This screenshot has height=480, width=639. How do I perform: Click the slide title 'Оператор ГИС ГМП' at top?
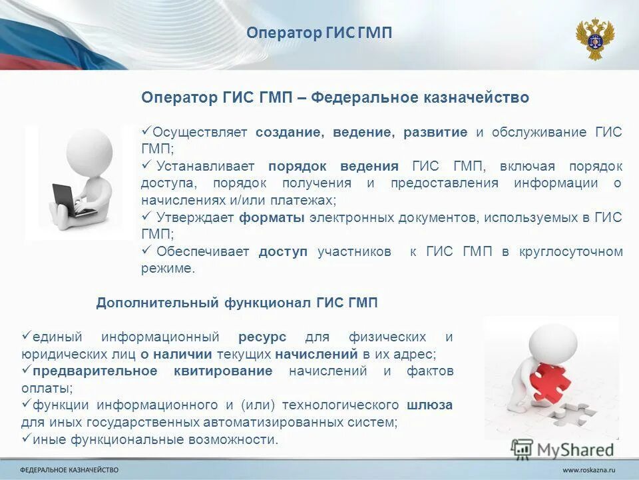point(319,33)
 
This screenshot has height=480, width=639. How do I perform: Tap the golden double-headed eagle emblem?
point(594,39)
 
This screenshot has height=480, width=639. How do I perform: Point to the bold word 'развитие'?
point(435,132)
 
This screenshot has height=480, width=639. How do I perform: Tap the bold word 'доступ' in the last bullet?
point(283,251)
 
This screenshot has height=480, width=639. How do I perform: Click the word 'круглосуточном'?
point(570,251)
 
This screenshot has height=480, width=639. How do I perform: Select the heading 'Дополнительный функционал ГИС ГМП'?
point(236,303)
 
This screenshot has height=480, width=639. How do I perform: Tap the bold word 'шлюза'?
point(429,405)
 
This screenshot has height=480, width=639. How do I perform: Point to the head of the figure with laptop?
point(90,150)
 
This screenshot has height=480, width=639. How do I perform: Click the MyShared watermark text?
point(576,450)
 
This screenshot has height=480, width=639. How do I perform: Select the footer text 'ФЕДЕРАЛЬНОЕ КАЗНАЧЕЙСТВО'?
point(69,471)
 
